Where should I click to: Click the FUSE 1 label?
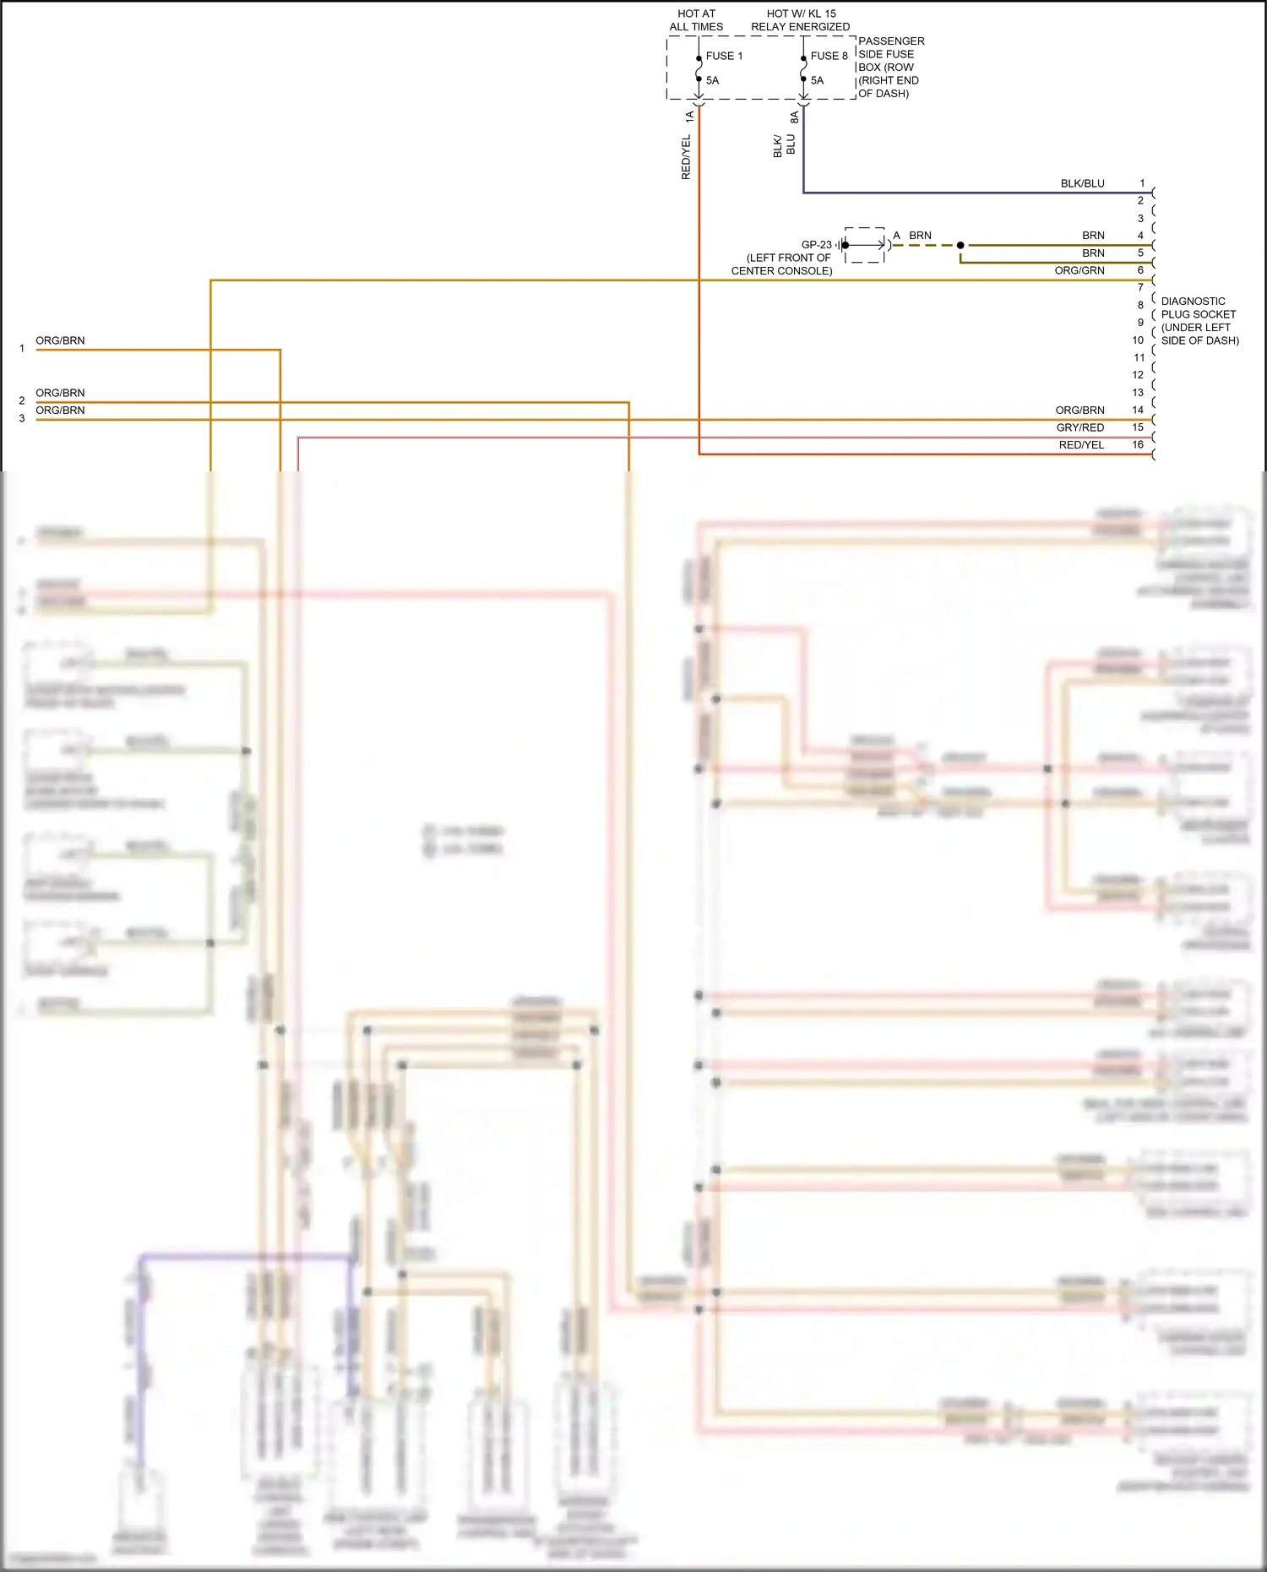(724, 56)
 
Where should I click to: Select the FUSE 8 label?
(829, 56)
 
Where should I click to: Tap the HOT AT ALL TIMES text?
(696, 20)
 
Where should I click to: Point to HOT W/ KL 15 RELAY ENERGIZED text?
(800, 20)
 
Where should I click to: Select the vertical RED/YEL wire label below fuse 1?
(686, 157)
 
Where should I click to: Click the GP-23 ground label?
(816, 245)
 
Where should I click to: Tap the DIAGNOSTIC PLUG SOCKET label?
(1199, 320)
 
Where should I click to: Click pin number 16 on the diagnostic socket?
(1138, 444)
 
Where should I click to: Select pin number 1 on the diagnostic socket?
(1142, 183)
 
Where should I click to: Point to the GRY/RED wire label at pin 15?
(1079, 427)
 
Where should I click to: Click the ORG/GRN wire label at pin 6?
(1079, 270)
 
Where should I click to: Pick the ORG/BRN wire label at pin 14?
(1079, 410)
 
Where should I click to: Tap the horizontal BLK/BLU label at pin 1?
(1082, 183)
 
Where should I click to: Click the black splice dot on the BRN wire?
(960, 245)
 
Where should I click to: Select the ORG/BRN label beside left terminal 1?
(60, 340)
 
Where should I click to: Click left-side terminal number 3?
(22, 418)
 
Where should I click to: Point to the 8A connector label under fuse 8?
(794, 117)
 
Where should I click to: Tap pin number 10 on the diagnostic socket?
(1138, 340)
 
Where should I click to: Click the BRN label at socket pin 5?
(1093, 253)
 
